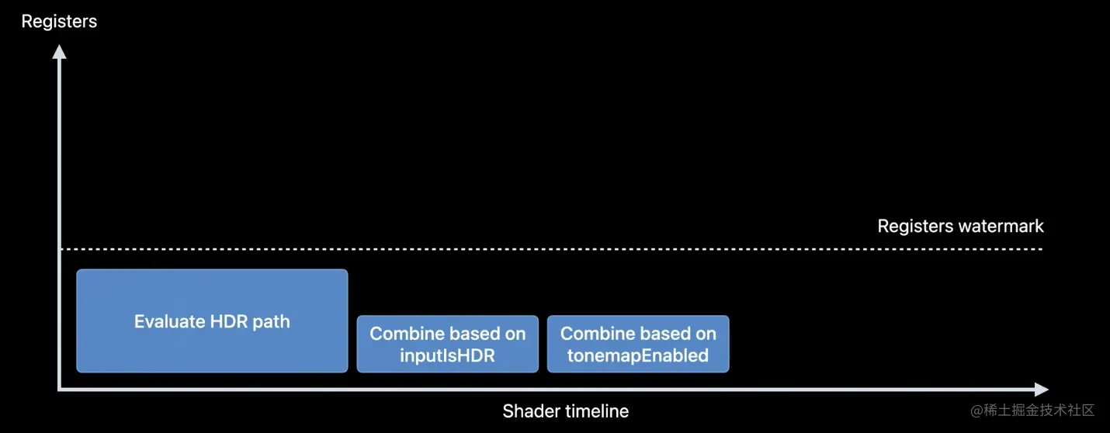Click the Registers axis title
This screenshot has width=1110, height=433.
[59, 21]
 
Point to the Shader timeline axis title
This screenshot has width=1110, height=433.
[565, 411]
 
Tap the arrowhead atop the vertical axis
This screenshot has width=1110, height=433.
[59, 52]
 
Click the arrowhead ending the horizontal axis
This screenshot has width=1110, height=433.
[1041, 390]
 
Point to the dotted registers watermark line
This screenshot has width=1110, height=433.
[543, 249]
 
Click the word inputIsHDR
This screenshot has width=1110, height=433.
[447, 355]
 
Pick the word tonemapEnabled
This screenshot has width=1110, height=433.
[638, 355]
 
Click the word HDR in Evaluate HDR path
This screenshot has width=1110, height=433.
[229, 321]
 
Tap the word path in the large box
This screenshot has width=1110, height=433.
[271, 321]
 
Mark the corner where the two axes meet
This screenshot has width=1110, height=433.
[60, 390]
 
